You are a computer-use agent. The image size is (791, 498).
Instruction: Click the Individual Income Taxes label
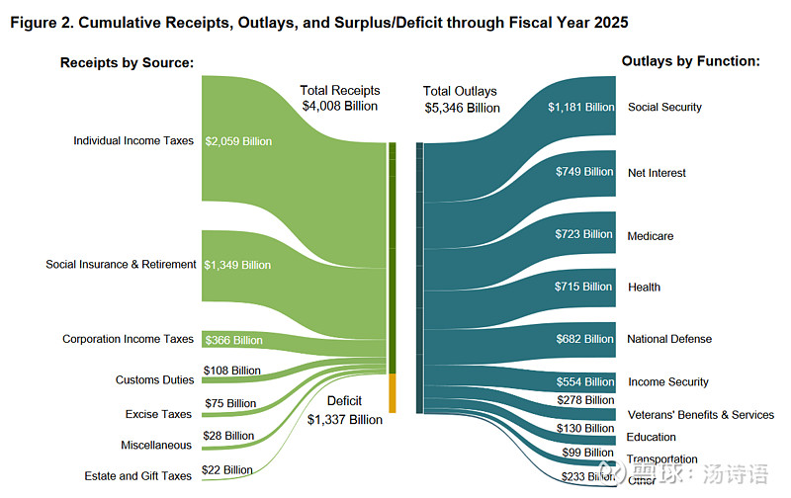tap(133, 141)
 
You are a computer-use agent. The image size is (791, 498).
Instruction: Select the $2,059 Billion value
tap(237, 141)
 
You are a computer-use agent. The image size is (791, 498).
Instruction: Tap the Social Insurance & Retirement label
tap(121, 265)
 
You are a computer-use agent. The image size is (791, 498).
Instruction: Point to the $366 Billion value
tap(233, 340)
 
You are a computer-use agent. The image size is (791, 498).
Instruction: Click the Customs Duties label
tap(154, 379)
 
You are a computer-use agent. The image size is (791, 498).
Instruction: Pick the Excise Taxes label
tap(158, 414)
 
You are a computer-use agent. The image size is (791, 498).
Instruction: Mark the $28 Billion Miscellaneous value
tap(228, 436)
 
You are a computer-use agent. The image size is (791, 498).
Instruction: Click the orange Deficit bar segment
tap(393, 392)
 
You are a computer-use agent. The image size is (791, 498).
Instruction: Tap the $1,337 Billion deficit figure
tap(344, 420)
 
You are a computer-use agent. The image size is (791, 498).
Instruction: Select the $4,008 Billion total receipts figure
tap(339, 107)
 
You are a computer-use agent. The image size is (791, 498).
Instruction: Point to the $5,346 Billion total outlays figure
tap(462, 108)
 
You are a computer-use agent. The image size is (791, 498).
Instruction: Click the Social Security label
tap(664, 107)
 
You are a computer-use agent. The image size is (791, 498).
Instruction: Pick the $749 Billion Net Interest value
tap(584, 172)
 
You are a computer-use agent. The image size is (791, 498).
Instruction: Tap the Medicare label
tap(650, 236)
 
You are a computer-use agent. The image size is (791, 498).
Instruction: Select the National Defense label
tap(668, 339)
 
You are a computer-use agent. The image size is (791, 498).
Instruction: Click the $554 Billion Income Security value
tap(584, 381)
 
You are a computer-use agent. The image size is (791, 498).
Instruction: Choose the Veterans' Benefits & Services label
tap(700, 415)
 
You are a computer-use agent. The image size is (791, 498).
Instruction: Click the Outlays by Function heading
tap(690, 61)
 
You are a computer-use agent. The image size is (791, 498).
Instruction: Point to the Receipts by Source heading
tap(127, 63)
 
